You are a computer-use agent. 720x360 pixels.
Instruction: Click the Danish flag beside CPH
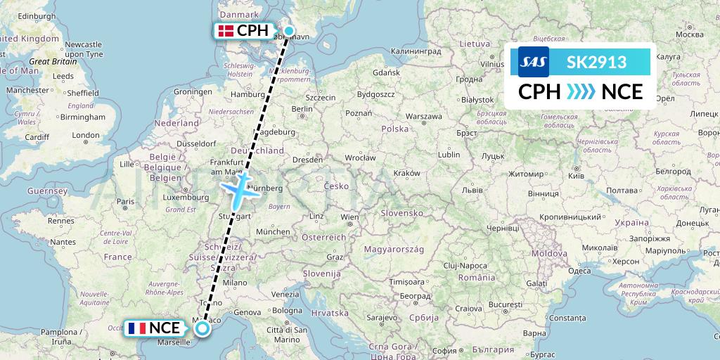[226, 31]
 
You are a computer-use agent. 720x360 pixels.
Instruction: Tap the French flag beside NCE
[137, 328]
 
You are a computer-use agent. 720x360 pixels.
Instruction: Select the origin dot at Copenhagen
[288, 30]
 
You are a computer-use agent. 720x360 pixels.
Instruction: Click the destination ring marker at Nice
[202, 328]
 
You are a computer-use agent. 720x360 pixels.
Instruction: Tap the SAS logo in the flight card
[533, 62]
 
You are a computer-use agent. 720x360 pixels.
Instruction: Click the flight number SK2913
[596, 62]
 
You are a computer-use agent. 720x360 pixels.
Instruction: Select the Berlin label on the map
[302, 108]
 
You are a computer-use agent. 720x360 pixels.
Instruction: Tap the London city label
[86, 135]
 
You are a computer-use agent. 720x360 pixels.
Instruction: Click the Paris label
[125, 202]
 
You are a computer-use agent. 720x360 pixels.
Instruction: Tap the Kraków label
[406, 172]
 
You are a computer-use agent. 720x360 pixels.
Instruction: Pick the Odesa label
[579, 271]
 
